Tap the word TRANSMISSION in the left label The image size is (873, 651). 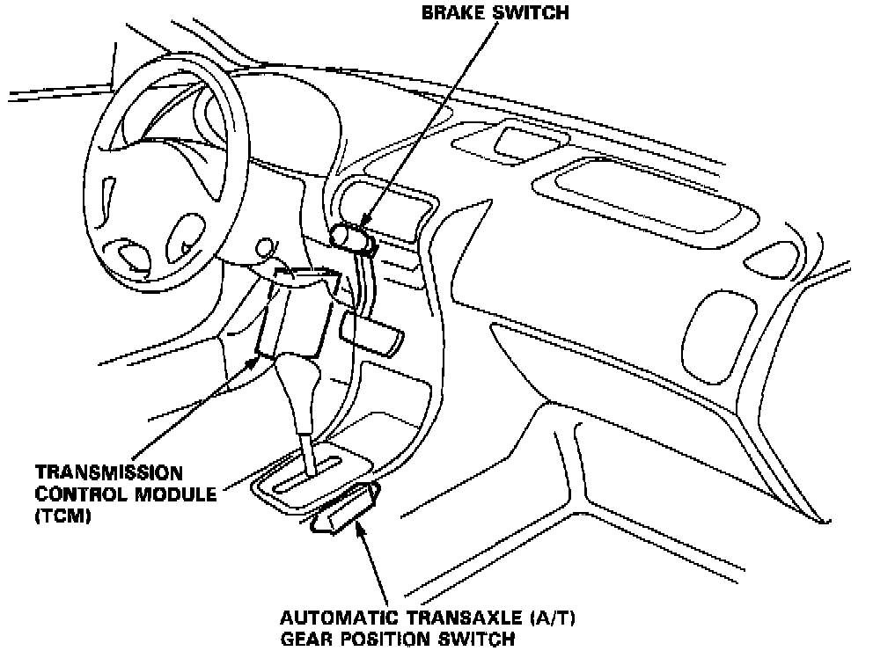coord(97,473)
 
